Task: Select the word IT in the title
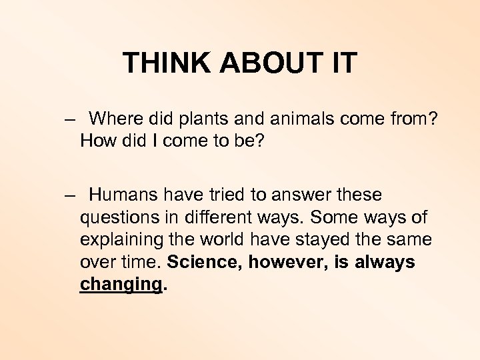tap(343, 63)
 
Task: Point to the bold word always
tap(385, 262)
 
